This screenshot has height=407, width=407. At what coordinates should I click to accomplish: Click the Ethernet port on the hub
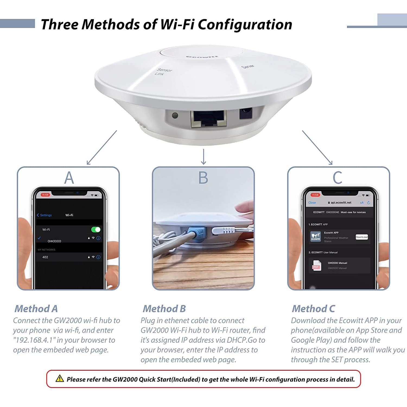pos(208,119)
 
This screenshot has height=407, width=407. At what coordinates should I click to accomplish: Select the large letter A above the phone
pos(69,178)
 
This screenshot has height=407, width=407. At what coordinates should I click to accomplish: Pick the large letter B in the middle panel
pos(203,178)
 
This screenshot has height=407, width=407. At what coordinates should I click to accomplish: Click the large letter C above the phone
pos(337,178)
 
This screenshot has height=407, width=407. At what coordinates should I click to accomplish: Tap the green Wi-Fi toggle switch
pos(96,230)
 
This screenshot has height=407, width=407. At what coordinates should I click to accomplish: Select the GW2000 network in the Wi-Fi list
pos(54,241)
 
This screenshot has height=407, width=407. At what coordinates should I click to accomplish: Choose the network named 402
pos(45,257)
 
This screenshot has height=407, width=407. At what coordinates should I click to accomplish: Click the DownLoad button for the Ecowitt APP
pos(362,237)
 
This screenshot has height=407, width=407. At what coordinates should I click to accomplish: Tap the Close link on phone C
pos(312,203)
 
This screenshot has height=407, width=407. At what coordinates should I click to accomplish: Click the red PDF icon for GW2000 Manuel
pos(316,266)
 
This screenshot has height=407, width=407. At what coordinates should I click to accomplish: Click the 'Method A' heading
pos(36,309)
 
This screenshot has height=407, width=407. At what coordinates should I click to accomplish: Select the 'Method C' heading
pos(313,309)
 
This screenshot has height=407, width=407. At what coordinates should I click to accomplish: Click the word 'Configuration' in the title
pos(245,24)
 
